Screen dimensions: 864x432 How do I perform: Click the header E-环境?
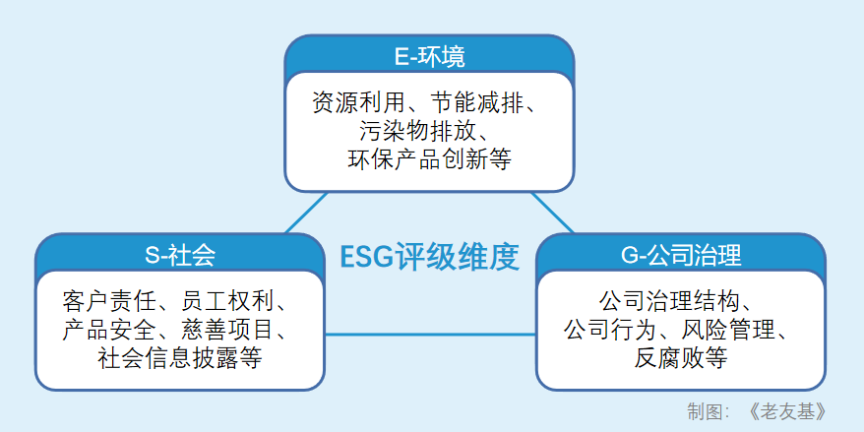(429, 57)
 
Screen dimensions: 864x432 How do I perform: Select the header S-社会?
(180, 255)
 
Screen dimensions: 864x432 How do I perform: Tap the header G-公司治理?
(681, 255)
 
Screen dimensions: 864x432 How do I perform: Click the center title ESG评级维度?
(429, 257)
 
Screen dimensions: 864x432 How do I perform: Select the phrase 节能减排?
(476, 102)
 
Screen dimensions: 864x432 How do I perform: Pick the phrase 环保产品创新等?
(429, 159)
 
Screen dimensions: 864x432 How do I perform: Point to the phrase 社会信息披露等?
(180, 359)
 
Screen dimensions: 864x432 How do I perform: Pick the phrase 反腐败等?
(681, 359)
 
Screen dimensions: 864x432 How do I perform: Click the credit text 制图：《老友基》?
(757, 411)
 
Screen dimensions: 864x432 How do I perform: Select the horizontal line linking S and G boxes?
(430, 335)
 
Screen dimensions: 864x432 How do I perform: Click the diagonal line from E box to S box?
(306, 213)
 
